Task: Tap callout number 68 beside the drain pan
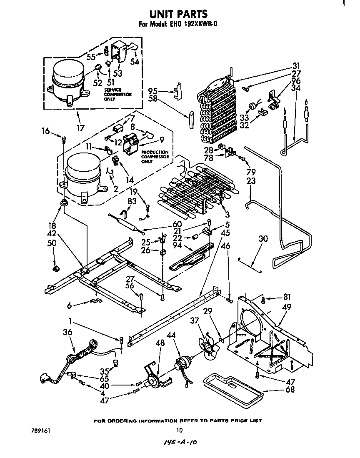coord(290,390)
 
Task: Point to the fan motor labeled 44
coord(183,363)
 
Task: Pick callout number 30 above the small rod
coord(263,239)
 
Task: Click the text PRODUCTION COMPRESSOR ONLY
coord(154,157)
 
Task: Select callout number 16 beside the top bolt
coord(46,132)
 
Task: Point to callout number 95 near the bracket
coord(153,90)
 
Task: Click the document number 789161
coord(40,430)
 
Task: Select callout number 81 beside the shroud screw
coord(286,297)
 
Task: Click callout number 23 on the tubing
coord(251,181)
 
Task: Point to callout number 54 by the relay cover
coord(134,61)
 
